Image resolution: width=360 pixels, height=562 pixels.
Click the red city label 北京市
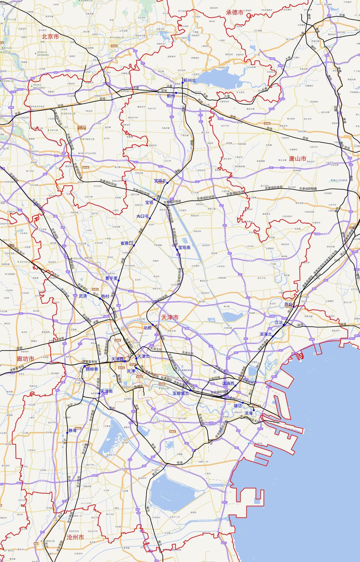50,37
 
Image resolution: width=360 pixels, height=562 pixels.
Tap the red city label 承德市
235,12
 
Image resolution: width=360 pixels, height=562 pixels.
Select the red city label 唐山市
298,159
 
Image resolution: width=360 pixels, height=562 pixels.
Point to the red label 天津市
170,317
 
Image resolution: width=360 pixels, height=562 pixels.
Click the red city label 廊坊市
26,359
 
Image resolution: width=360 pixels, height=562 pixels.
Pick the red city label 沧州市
75,537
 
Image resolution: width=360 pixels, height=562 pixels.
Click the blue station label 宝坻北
160,181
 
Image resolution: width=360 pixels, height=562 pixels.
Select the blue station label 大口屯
142,216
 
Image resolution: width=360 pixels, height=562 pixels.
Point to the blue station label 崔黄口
127,243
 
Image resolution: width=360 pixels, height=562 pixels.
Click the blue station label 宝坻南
184,247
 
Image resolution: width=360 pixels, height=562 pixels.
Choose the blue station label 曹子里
111,278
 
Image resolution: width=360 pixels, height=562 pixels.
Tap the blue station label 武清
83,296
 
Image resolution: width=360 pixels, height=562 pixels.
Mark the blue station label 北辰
148,328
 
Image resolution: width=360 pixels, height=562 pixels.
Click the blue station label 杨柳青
92,369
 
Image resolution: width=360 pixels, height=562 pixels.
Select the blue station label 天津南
107,391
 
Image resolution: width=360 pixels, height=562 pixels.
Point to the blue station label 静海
73,430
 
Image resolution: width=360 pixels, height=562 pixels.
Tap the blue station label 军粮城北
181,393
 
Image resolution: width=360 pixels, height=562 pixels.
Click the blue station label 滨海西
228,383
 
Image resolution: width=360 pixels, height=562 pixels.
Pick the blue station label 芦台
288,304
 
